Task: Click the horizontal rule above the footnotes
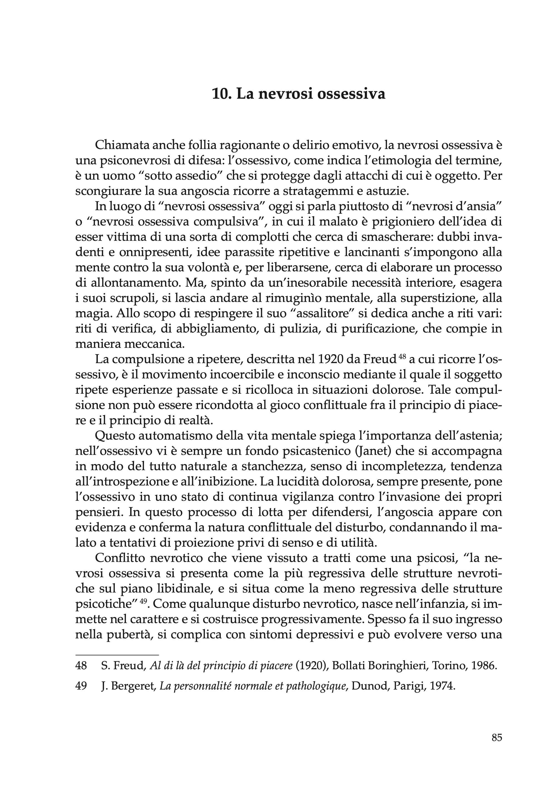tap(117, 655)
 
